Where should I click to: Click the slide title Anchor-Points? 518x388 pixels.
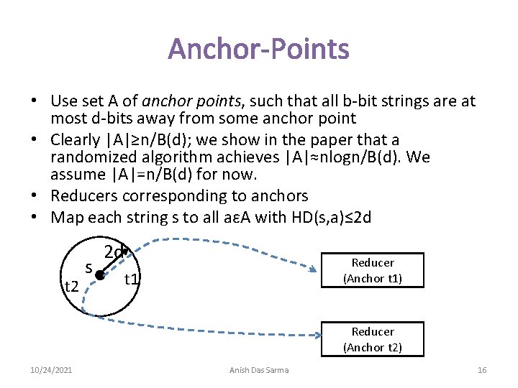point(259,50)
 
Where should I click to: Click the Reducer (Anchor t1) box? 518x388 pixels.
point(372,271)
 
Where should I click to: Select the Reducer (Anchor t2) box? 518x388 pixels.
point(372,339)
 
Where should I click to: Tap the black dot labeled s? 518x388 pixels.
point(100,275)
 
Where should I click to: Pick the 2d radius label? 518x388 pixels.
point(114,252)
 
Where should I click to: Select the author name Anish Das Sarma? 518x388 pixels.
point(259,370)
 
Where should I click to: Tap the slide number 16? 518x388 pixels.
point(482,370)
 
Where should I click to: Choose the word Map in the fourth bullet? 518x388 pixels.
point(65,217)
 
